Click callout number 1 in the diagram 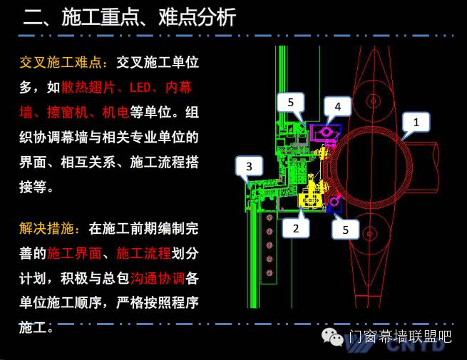pyautogui.click(x=417, y=123)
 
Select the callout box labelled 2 pyautogui.click(x=296, y=228)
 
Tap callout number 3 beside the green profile pyautogui.click(x=248, y=168)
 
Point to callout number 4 pyautogui.click(x=338, y=108)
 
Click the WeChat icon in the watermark pyautogui.click(x=332, y=336)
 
